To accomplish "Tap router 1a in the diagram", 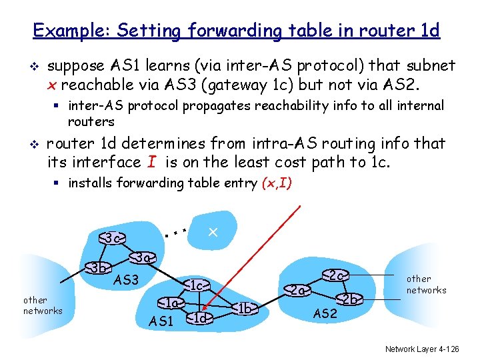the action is click(171, 303).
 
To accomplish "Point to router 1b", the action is click(245, 307).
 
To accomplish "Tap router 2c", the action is click(336, 275).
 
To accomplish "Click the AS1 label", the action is click(161, 321).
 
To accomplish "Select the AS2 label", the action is click(325, 314).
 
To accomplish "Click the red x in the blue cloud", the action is click(213, 232).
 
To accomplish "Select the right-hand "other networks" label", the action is click(426, 285).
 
